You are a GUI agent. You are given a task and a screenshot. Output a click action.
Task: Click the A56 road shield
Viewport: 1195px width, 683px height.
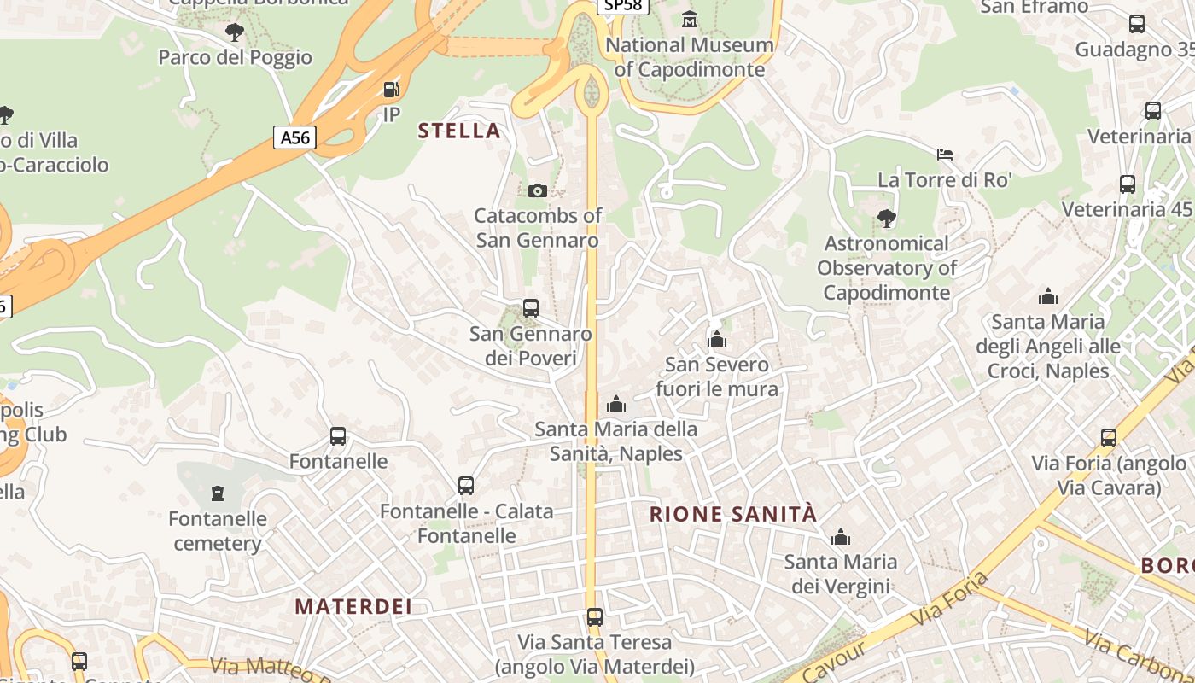294,137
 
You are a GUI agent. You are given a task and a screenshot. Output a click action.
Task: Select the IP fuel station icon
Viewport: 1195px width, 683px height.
391,89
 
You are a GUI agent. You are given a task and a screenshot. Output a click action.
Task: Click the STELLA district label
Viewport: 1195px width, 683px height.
458,131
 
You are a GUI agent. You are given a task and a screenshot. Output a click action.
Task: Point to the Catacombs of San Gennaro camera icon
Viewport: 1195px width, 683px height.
537,190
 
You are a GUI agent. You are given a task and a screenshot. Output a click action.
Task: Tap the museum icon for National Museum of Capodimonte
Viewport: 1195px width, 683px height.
690,19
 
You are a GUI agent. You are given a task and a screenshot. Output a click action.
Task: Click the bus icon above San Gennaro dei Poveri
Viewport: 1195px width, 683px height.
531,308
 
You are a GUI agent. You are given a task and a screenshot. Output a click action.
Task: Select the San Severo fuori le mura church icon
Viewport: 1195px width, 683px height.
717,340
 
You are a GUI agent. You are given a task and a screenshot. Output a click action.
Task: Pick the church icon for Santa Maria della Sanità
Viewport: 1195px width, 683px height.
616,404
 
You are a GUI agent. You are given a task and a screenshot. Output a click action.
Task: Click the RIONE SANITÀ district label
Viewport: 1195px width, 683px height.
733,514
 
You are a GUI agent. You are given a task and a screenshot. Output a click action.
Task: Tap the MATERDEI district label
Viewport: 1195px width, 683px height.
353,607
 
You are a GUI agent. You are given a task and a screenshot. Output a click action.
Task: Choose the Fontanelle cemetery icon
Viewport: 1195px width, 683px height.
218,493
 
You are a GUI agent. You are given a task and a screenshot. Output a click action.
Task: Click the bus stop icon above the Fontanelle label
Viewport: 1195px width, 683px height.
338,436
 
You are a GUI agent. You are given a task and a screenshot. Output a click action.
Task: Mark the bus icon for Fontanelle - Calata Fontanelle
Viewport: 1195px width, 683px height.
466,486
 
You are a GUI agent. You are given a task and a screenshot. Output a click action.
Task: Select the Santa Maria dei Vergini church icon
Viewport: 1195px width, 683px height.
841,537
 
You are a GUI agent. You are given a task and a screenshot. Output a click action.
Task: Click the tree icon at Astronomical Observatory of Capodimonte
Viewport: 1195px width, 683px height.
887,219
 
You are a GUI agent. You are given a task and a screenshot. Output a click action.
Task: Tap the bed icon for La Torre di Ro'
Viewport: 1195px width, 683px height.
945,155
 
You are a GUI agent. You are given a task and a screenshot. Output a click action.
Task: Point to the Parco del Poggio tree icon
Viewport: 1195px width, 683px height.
235,32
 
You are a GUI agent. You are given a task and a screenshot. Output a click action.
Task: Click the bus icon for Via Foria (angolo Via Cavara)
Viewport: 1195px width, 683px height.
1109,438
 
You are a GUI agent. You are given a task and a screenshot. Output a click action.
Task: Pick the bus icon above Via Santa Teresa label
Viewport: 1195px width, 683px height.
595,616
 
